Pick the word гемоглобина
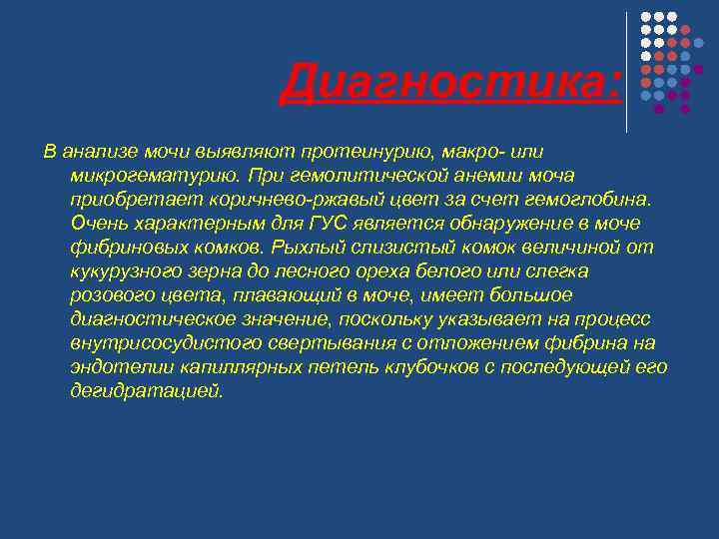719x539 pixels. point(585,199)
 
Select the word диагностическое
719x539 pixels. point(153,318)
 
